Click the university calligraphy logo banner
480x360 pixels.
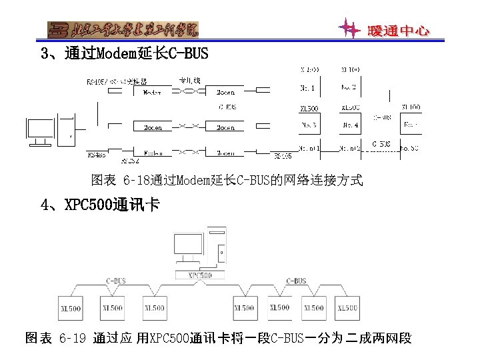coord(123,29)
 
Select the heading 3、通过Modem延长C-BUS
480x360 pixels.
coord(125,53)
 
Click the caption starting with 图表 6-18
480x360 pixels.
coord(227,180)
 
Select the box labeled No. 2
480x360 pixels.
coord(349,87)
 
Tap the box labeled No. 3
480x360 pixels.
coord(309,124)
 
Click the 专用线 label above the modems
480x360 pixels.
coord(189,81)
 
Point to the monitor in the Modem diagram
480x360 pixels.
coord(40,130)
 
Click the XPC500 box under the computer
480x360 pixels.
coord(199,275)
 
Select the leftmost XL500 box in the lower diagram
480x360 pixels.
coord(71,308)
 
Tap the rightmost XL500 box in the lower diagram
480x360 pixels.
coord(347,308)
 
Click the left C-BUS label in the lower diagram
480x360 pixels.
coord(116,281)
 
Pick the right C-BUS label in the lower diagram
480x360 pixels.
coord(296,281)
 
